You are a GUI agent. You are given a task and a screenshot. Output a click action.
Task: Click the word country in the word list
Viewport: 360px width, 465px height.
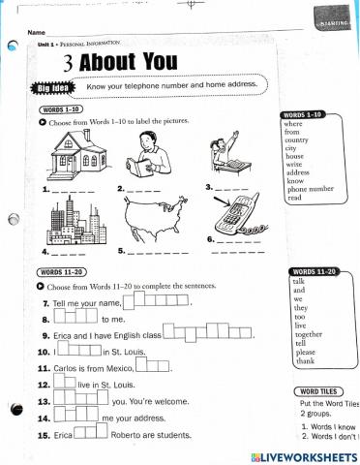(x=297, y=140)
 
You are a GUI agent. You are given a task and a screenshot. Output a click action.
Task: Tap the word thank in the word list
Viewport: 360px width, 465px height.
(x=301, y=360)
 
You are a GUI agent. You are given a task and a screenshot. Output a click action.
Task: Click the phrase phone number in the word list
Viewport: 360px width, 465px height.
(x=310, y=189)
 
